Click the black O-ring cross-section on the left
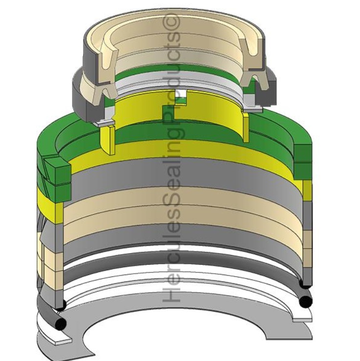point(61,324)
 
